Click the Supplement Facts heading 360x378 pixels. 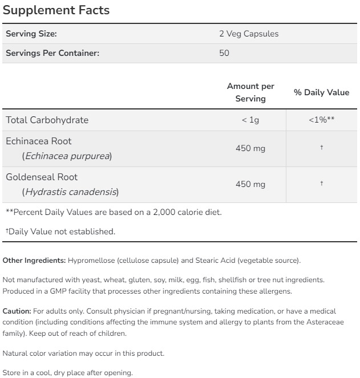coord(56,10)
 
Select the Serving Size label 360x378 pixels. coord(31,34)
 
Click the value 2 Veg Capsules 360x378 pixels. coord(249,34)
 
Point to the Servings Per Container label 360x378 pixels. coord(52,54)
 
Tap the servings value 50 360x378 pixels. coord(224,54)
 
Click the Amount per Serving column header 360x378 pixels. coord(250,92)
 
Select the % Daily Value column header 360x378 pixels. coord(321,92)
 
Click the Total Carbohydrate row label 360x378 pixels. coord(47,120)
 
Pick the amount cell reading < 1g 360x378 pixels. coord(250,120)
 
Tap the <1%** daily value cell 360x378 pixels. coord(321,120)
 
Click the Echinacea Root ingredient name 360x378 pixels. coord(39,141)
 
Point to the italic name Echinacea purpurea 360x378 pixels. coord(67,156)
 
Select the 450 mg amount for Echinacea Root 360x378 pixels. coord(250,148)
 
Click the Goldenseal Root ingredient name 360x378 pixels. coord(42,177)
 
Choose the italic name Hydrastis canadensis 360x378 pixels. coord(71,192)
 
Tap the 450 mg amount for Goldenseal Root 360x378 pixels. coord(250,184)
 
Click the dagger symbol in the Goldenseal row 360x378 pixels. coord(322,184)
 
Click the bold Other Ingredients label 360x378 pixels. coord(34,261)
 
